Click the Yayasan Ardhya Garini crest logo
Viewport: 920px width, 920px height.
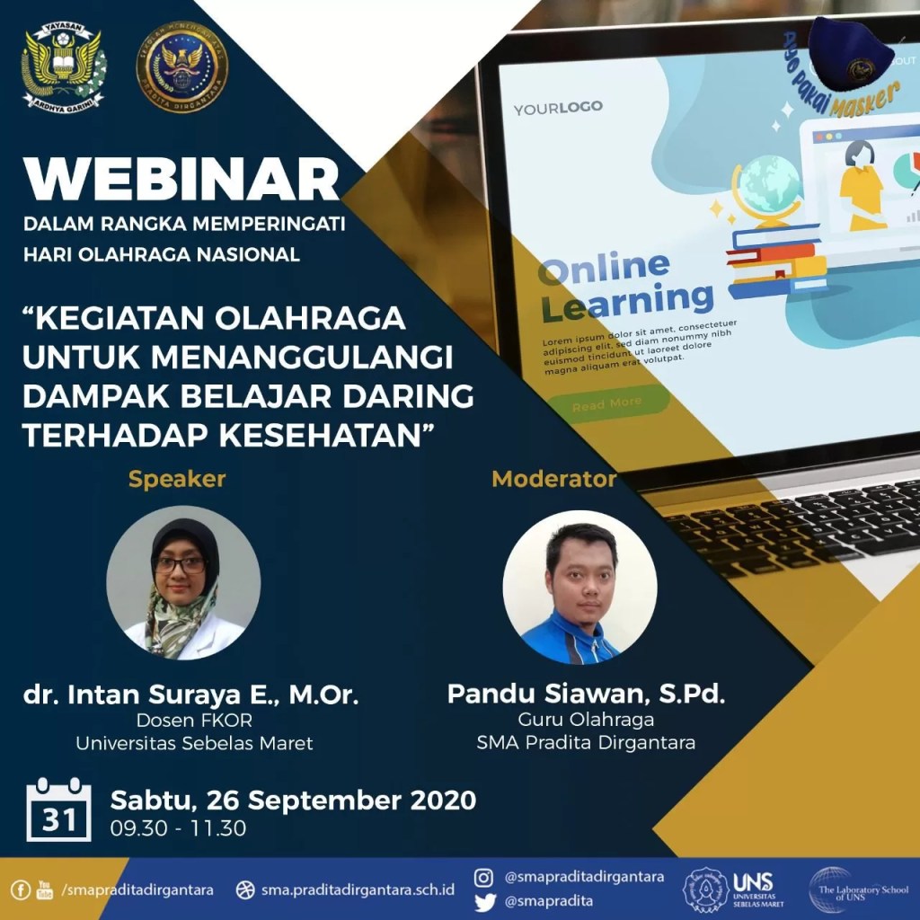click(64, 66)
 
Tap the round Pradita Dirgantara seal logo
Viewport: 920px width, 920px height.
click(182, 67)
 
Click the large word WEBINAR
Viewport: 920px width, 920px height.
click(182, 179)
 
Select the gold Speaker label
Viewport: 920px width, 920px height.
click(177, 479)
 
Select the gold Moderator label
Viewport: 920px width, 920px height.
click(553, 479)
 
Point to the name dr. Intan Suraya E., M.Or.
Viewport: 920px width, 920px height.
click(190, 695)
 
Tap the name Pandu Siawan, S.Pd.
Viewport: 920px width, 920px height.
click(586, 694)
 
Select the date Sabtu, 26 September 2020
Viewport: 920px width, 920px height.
click(293, 800)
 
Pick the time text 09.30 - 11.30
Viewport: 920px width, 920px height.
click(178, 828)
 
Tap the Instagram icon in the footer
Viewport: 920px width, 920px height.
click(484, 877)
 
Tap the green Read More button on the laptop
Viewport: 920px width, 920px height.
click(607, 404)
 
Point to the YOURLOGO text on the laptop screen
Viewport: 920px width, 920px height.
click(558, 109)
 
